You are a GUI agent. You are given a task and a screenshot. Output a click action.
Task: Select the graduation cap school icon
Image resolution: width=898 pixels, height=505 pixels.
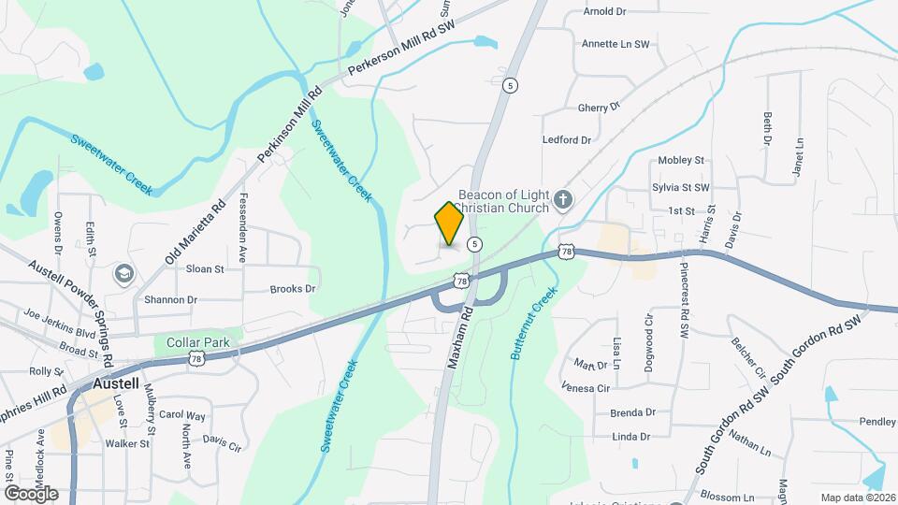click(x=122, y=274)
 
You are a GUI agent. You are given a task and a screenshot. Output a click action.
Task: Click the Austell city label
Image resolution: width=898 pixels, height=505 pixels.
click(x=117, y=383)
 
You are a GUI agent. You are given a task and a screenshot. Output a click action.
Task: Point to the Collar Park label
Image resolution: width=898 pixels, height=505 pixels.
click(x=197, y=343)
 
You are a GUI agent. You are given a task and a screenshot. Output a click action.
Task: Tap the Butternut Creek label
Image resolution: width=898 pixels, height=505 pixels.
click(x=533, y=325)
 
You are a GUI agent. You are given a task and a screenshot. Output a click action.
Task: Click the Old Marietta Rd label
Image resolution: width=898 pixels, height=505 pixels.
click(x=195, y=231)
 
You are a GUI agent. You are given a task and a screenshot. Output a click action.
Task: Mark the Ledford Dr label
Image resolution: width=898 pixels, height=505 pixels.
click(x=567, y=140)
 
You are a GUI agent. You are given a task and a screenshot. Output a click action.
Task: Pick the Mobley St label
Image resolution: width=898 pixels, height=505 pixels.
click(x=681, y=161)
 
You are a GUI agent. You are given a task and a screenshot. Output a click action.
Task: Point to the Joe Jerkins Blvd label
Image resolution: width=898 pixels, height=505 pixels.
click(x=60, y=323)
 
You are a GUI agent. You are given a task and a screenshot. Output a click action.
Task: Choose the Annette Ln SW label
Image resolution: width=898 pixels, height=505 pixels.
click(x=615, y=44)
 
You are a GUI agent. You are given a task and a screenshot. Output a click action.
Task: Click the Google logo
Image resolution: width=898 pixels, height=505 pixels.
click(x=31, y=494)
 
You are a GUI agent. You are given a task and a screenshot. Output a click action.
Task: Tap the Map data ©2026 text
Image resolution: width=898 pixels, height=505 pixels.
click(x=857, y=498)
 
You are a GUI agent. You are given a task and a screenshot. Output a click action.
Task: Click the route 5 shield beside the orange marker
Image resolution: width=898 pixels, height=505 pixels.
click(x=476, y=244)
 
